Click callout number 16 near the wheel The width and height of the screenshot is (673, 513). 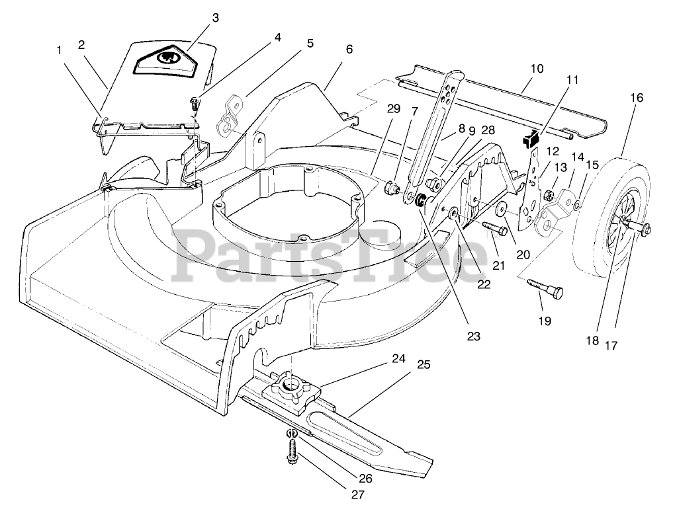636,97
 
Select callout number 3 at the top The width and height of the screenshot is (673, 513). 215,17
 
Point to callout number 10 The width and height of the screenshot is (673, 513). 537,68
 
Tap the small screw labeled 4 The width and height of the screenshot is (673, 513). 195,103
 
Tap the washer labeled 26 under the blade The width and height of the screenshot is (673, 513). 291,433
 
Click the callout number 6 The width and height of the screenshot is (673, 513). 349,49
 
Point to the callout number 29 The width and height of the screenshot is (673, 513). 393,108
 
